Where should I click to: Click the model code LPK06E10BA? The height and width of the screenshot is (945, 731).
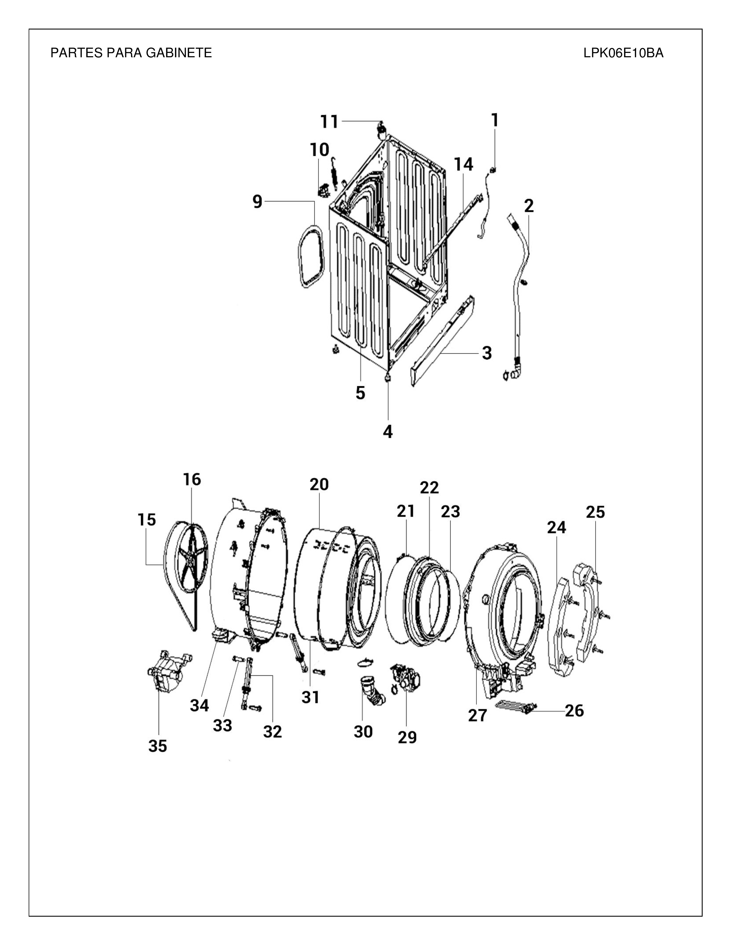(623, 53)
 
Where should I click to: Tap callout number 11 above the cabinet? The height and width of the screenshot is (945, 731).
(329, 122)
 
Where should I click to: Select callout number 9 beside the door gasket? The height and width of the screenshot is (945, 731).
(258, 202)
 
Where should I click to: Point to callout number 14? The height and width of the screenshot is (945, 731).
(463, 164)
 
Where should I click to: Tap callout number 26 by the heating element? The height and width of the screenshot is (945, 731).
(574, 710)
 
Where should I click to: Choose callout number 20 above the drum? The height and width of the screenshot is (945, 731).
(319, 484)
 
